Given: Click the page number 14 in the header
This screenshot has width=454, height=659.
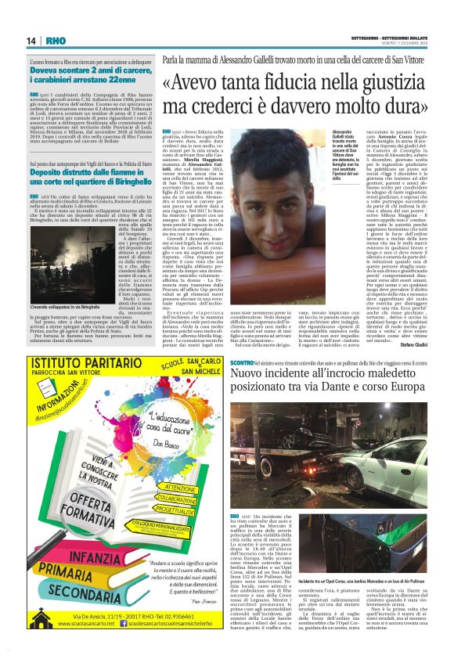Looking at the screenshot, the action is point(31,41).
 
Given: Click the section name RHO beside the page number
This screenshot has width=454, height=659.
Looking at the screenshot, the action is point(56,41).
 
